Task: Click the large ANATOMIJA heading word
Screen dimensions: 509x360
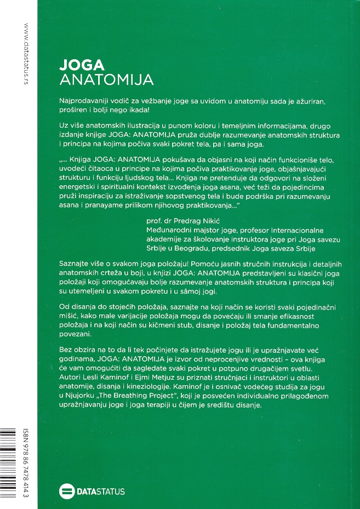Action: pos(106,80)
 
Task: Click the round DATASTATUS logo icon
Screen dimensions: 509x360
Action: pos(66,491)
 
